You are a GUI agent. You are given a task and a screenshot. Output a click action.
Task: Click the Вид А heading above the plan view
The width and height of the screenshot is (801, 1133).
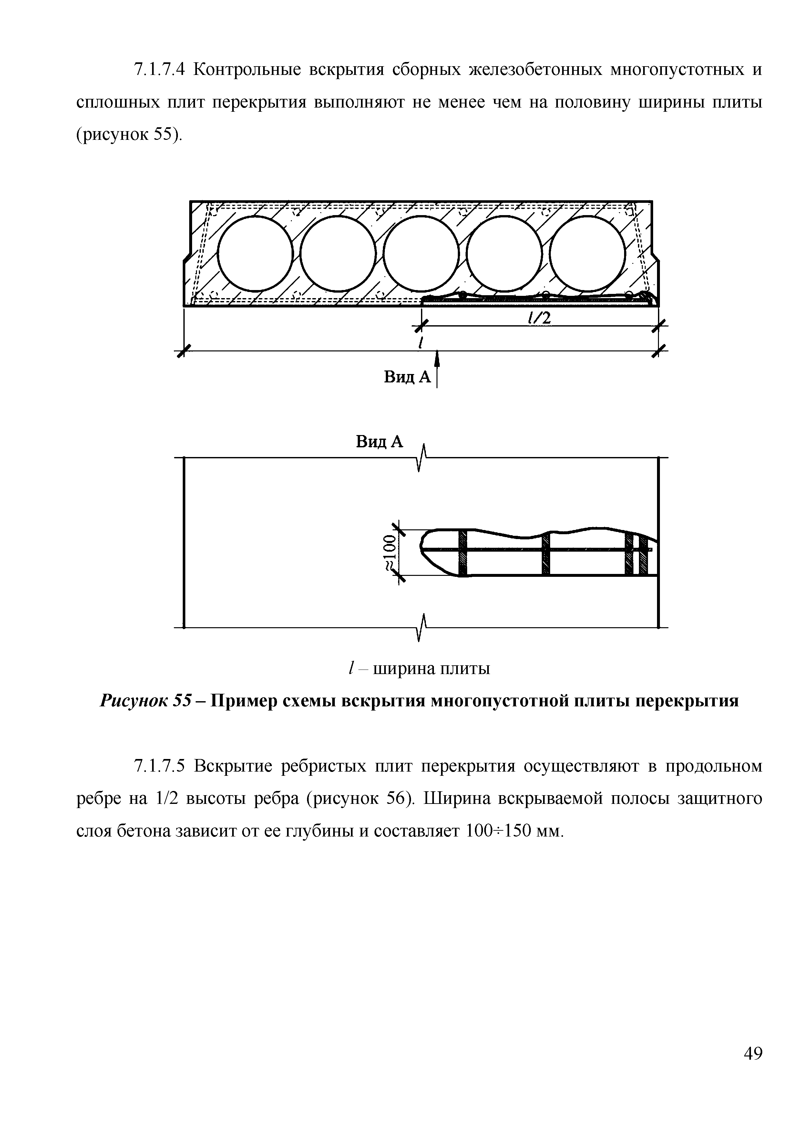(379, 442)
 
